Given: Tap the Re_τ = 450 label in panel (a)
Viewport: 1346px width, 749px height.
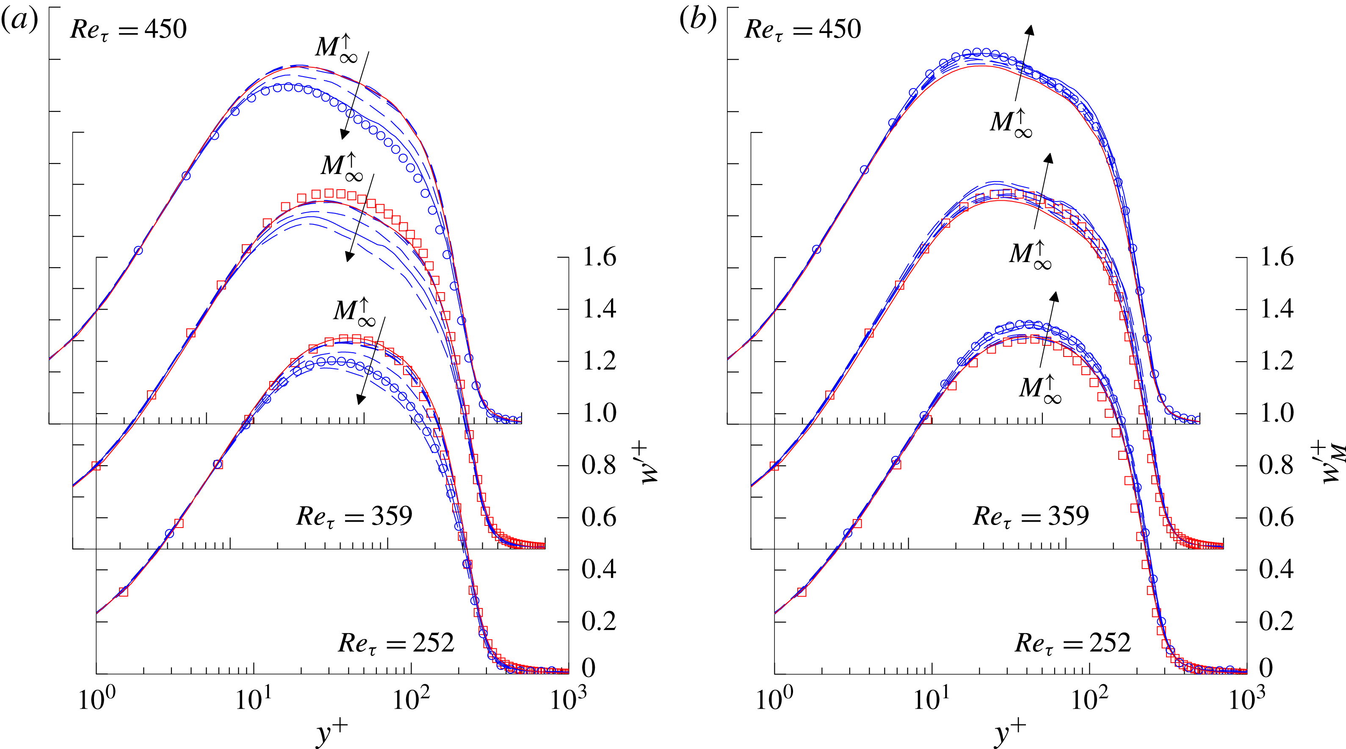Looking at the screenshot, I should pyautogui.click(x=128, y=28).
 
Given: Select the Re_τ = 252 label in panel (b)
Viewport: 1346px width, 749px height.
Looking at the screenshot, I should pyautogui.click(x=1072, y=643).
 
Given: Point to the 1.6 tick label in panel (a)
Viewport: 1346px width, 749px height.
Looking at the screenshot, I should pyautogui.click(x=599, y=257).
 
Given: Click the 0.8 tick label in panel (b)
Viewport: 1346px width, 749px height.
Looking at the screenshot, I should pyautogui.click(x=1276, y=465).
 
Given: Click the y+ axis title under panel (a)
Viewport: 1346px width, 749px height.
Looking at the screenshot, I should pyautogui.click(x=332, y=732).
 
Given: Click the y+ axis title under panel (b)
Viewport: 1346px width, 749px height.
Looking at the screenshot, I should pyautogui.click(x=1009, y=732).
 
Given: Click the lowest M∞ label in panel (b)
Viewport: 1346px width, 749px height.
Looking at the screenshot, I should pyautogui.click(x=1040, y=388).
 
